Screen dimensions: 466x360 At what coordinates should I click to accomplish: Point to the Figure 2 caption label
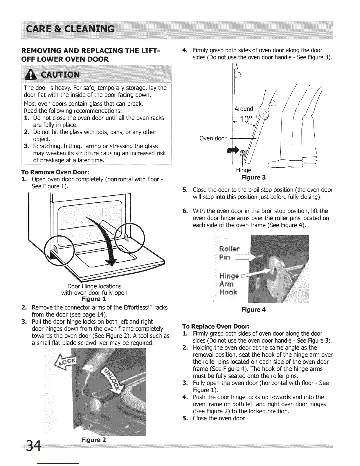tap(94, 440)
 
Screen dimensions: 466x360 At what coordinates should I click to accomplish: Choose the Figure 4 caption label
tap(254, 309)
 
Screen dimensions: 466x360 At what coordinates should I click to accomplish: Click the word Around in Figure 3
tap(244, 109)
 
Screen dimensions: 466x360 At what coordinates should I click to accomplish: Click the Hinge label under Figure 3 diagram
tap(244, 170)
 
